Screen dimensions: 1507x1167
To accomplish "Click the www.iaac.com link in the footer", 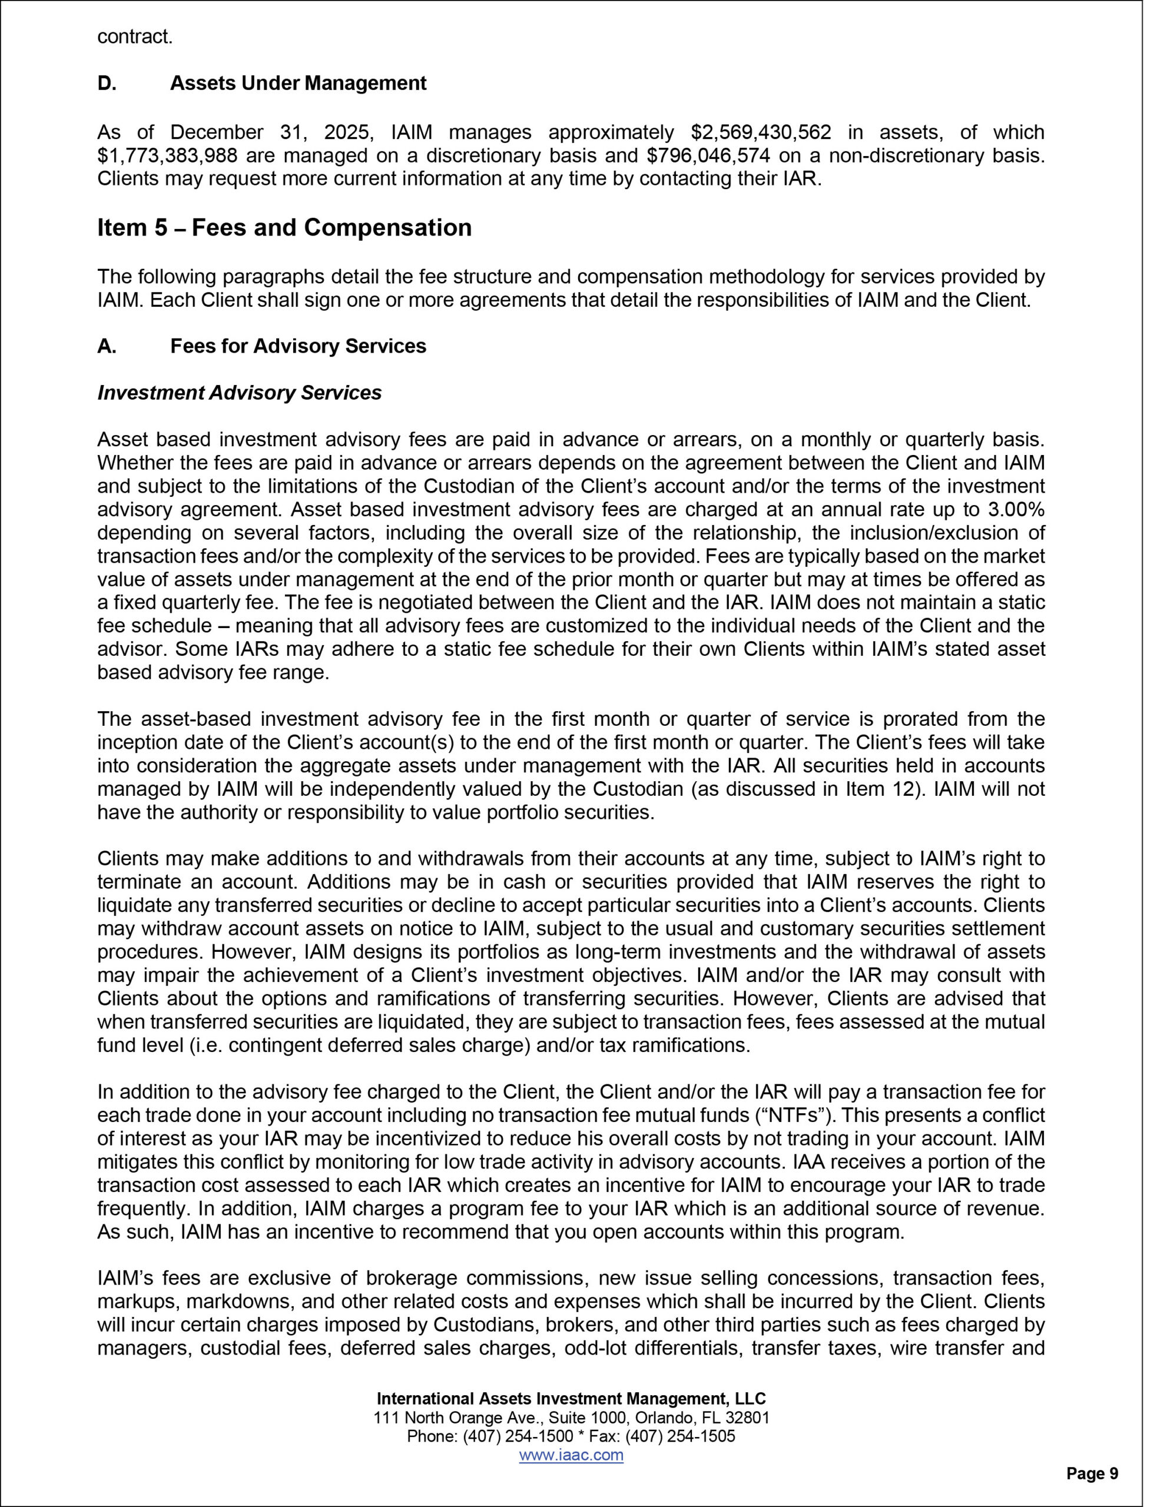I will click(x=571, y=1455).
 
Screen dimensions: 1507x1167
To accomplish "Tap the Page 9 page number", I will click(x=1092, y=1473).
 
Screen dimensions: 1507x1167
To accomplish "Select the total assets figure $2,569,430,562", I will click(x=761, y=132).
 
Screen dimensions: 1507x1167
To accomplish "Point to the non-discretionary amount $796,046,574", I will click(x=709, y=155).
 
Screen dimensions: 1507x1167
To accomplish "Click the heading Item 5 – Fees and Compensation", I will click(x=284, y=228).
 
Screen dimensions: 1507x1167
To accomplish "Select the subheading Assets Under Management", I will click(x=298, y=84).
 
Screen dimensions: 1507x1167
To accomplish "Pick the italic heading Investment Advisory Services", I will click(x=239, y=393).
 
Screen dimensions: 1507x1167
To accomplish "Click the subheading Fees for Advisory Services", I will click(x=298, y=346).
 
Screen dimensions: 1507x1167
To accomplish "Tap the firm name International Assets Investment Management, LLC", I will click(x=571, y=1399).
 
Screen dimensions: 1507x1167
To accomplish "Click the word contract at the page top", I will click(x=135, y=36).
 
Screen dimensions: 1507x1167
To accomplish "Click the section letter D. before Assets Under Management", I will click(x=107, y=84).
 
